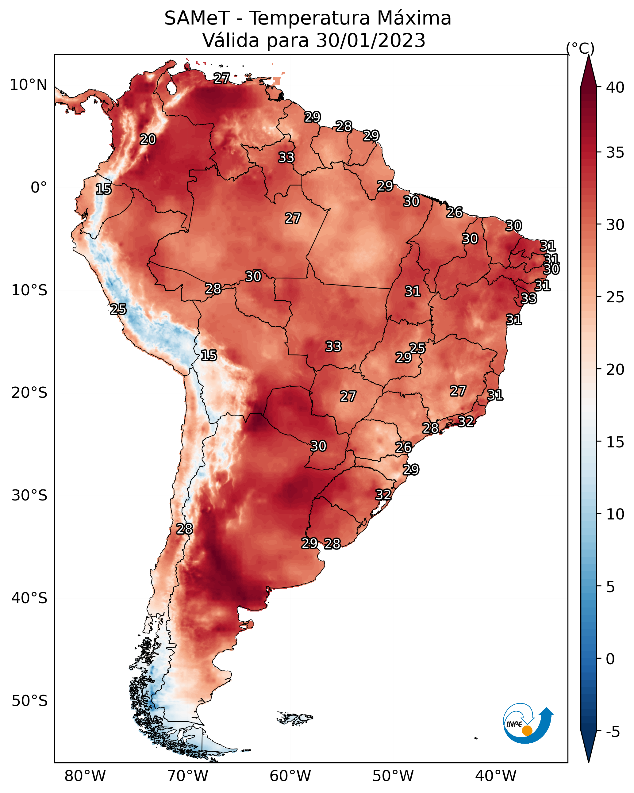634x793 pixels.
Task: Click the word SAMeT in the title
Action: [x=197, y=18]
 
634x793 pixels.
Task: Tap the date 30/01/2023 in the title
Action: [x=371, y=40]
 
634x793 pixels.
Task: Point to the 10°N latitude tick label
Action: [x=28, y=85]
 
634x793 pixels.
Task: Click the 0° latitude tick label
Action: [x=39, y=188]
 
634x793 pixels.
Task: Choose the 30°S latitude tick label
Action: [x=29, y=496]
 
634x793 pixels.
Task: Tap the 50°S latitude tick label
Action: [x=29, y=701]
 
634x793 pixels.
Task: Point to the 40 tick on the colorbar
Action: [x=615, y=87]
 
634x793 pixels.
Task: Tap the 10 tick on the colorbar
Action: [x=615, y=514]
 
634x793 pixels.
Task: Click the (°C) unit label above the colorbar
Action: [x=580, y=48]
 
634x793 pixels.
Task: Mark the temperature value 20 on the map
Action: [x=148, y=140]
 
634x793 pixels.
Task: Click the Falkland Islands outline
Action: [x=295, y=718]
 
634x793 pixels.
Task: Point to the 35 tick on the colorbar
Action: [x=615, y=152]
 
